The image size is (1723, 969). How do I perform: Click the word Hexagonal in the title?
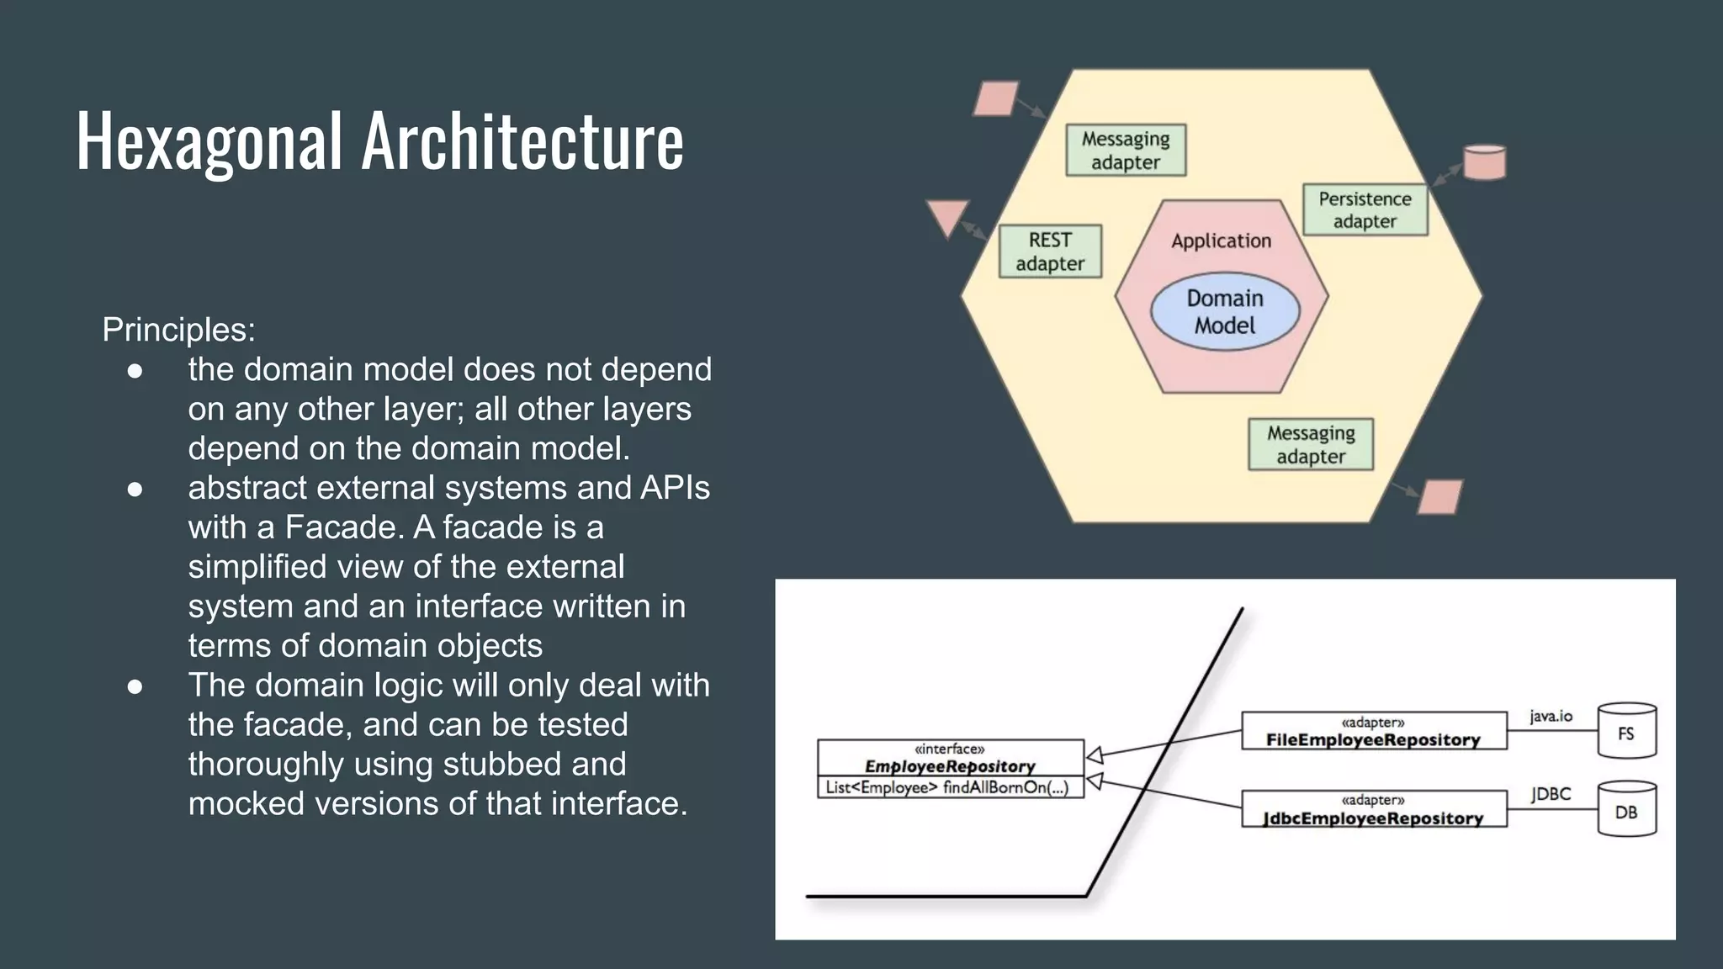pyautogui.click(x=209, y=141)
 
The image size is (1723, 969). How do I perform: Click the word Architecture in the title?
pyautogui.click(x=522, y=141)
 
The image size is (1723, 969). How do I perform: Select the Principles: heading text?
pyautogui.click(x=178, y=330)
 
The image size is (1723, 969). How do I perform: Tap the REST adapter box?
pyautogui.click(x=1050, y=252)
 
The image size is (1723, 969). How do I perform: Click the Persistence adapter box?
pyautogui.click(x=1365, y=209)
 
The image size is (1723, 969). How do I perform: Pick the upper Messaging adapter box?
pyautogui.click(x=1126, y=150)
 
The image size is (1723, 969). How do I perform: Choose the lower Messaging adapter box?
pyautogui.click(x=1311, y=444)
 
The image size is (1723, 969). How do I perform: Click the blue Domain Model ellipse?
pyautogui.click(x=1225, y=312)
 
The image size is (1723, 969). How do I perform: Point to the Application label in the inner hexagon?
pyautogui.click(x=1222, y=241)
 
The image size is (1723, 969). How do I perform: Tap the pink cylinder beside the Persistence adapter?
pyautogui.click(x=1484, y=162)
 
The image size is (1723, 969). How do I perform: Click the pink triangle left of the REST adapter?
pyautogui.click(x=947, y=216)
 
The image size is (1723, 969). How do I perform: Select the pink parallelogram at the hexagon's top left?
pyautogui.click(x=996, y=98)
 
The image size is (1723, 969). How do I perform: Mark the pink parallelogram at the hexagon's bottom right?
pyautogui.click(x=1440, y=496)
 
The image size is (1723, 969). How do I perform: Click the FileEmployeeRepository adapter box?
pyautogui.click(x=1374, y=731)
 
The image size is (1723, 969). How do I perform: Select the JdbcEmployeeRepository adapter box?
pyautogui.click(x=1374, y=809)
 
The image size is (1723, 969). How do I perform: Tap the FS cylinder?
pyautogui.click(x=1626, y=732)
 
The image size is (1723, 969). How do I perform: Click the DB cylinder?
pyautogui.click(x=1626, y=810)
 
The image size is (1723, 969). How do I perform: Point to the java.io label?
pyautogui.click(x=1551, y=716)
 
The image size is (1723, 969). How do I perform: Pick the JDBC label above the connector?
pyautogui.click(x=1551, y=794)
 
